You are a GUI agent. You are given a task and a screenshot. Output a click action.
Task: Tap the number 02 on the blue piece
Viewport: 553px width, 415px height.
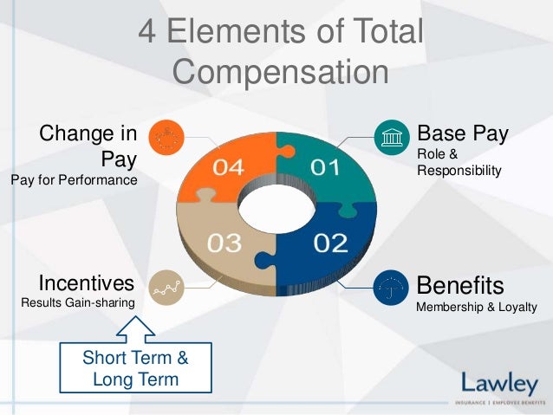[x=329, y=243]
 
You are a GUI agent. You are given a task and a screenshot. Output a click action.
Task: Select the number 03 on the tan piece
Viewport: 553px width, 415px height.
[x=224, y=243]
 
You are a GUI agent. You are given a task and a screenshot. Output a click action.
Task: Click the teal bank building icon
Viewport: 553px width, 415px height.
[x=388, y=138]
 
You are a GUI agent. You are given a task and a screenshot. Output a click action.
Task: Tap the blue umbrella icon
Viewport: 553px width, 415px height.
[x=388, y=286]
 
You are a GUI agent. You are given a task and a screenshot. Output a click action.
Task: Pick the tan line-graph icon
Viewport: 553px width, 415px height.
[x=165, y=287]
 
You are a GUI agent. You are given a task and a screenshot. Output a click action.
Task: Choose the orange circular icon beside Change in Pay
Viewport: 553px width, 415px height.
[x=165, y=138]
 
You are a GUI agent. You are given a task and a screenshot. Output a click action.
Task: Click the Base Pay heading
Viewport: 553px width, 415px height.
[x=462, y=134]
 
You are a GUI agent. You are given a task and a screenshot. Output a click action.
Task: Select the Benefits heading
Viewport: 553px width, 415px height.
[x=460, y=285]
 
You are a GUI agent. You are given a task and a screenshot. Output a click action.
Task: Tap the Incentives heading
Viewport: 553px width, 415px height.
[x=87, y=283]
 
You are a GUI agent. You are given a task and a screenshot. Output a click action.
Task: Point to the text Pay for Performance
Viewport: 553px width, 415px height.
[x=74, y=180]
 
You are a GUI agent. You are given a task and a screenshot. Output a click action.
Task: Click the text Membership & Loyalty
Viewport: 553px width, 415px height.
[x=477, y=307]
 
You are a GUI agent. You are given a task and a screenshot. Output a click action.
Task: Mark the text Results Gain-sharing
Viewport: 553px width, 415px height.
[x=78, y=302]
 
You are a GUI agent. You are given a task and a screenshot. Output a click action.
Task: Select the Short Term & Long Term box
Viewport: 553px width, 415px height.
[x=134, y=368]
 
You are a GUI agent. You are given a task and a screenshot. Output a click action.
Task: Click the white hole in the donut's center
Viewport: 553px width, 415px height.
[x=276, y=204]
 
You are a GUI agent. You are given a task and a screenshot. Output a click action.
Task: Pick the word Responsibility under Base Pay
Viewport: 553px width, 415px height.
[x=459, y=171]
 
